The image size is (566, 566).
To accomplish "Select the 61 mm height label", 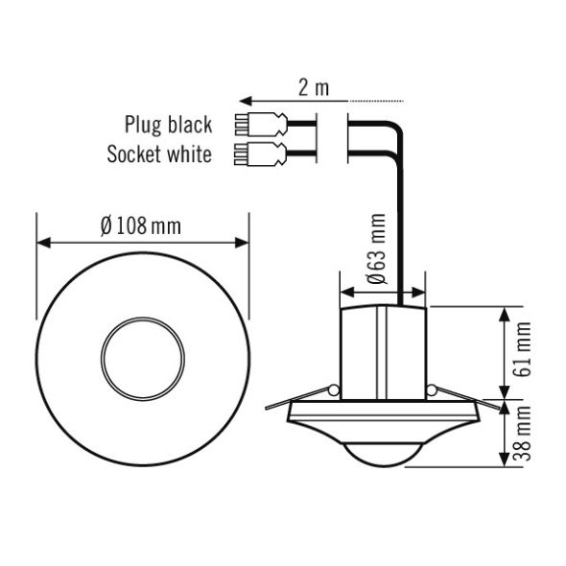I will [x=524, y=350].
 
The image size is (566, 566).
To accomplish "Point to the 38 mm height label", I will [x=524, y=436].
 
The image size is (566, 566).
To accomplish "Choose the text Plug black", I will [x=168, y=125].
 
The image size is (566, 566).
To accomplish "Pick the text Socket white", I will [x=159, y=153].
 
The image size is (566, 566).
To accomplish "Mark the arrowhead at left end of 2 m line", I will [x=245, y=100].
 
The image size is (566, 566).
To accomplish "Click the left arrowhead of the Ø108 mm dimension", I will [x=42, y=243].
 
